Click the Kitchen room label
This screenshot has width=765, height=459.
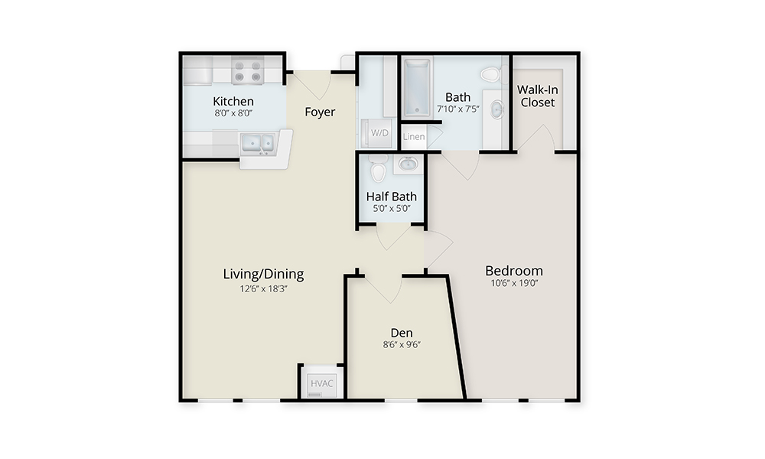pyautogui.click(x=233, y=101)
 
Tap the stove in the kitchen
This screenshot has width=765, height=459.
pyautogui.click(x=248, y=70)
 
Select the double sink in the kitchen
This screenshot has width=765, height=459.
pyautogui.click(x=258, y=143)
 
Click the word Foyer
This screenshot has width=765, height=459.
pyautogui.click(x=320, y=112)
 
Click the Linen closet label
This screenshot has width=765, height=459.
pyautogui.click(x=414, y=137)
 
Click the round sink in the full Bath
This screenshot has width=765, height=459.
pyautogui.click(x=496, y=109)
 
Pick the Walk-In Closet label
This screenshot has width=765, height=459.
pyautogui.click(x=538, y=96)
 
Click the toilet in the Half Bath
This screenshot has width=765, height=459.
pyautogui.click(x=378, y=168)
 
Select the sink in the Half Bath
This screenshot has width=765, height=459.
pyautogui.click(x=408, y=164)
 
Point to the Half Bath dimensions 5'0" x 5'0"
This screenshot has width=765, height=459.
pyautogui.click(x=391, y=209)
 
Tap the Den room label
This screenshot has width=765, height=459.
pyautogui.click(x=402, y=333)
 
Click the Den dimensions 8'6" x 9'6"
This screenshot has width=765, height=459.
pyautogui.click(x=402, y=345)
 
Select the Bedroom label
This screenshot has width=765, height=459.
pyautogui.click(x=514, y=271)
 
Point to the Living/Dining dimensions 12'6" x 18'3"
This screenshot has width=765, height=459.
pyautogui.click(x=263, y=288)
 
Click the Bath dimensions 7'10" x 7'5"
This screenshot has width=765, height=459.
pyautogui.click(x=457, y=109)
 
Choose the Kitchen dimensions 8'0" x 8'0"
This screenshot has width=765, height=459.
pyautogui.click(x=233, y=113)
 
